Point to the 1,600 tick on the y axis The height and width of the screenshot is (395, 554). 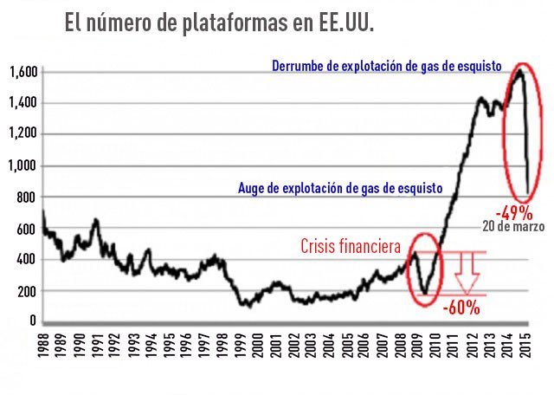coord(23,72)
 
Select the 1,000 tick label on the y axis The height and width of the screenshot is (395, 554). coord(23,165)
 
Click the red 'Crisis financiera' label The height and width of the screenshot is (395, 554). coord(351,248)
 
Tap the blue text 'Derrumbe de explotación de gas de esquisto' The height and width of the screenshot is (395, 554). coord(387,66)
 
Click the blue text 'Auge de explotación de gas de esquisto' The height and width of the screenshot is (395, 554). coord(340,187)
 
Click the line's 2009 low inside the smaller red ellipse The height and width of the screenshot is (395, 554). coord(423,293)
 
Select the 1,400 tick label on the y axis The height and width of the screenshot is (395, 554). coord(23,103)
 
